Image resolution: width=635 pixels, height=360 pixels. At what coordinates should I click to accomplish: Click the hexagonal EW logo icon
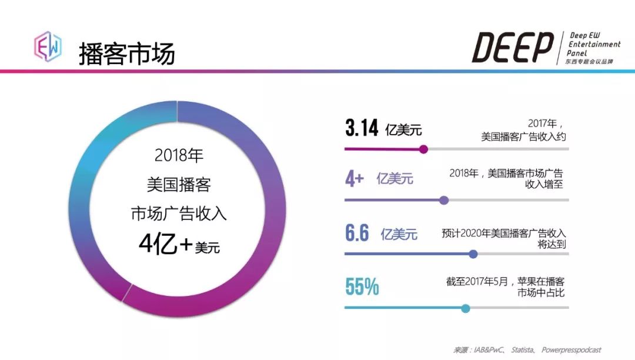(48, 46)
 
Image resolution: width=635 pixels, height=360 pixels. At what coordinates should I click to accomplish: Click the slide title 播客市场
(127, 53)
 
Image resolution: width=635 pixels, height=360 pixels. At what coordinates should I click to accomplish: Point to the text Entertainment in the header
(594, 44)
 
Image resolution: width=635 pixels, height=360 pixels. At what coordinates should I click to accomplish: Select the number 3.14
(362, 129)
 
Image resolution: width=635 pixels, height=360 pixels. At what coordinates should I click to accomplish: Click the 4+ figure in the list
(354, 178)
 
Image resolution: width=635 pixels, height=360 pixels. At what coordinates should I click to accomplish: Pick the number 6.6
(357, 234)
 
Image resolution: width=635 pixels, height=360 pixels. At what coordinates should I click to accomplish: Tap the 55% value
(362, 287)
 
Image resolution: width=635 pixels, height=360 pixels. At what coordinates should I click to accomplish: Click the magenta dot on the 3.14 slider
(423, 149)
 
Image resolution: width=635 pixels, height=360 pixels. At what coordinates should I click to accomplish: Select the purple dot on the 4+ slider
(444, 200)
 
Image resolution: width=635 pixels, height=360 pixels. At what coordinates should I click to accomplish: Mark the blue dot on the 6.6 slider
(473, 254)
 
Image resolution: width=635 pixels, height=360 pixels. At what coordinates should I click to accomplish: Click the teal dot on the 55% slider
(466, 308)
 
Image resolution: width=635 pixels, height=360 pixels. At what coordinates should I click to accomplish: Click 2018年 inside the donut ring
(179, 156)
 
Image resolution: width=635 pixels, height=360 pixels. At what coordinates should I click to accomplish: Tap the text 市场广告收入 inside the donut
(179, 214)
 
